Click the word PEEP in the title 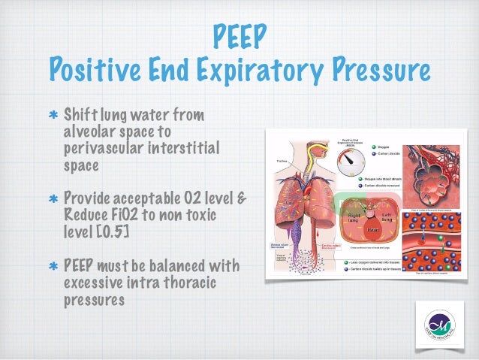pos(239,35)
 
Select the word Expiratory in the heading pos(254,71)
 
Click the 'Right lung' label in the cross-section pos(354,216)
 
